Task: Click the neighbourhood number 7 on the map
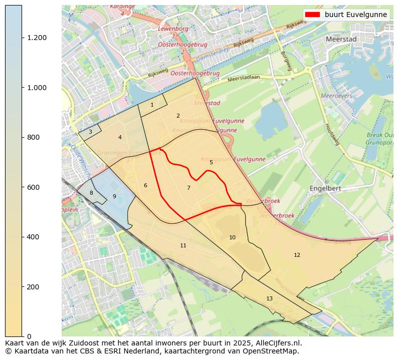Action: (x=188, y=188)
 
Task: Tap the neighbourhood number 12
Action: (x=297, y=255)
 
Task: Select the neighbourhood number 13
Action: (x=269, y=299)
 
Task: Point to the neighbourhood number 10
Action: (x=232, y=238)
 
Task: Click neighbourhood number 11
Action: (x=183, y=246)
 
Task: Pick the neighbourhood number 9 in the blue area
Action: (x=114, y=197)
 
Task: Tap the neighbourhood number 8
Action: (x=91, y=193)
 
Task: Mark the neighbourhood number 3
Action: (x=90, y=132)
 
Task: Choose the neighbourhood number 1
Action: (x=152, y=105)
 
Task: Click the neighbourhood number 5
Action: (x=211, y=163)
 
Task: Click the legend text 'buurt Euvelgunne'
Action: (x=355, y=15)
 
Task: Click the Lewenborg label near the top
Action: (x=173, y=29)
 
